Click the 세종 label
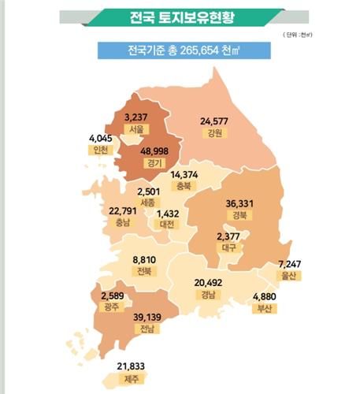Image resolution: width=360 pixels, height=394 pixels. pyautogui.click(x=147, y=203)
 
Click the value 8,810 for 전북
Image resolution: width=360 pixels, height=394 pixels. pyautogui.click(x=143, y=258)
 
